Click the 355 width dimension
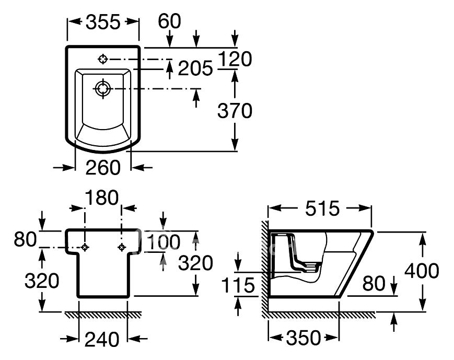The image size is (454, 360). (103, 22)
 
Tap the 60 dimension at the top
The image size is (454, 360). (170, 21)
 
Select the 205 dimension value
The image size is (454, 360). (195, 68)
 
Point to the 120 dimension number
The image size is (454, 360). (235, 59)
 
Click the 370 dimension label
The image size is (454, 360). (235, 111)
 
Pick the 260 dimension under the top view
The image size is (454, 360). (103, 167)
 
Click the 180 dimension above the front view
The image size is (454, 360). (101, 198)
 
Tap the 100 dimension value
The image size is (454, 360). (164, 242)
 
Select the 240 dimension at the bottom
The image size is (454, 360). (102, 339)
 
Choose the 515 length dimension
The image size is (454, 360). (322, 208)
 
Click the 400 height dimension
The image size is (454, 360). (422, 271)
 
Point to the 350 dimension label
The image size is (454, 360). (304, 338)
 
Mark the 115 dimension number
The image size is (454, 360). (238, 285)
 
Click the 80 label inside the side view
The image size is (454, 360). (374, 284)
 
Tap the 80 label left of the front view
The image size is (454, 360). (25, 239)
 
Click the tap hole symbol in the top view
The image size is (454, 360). (103, 59)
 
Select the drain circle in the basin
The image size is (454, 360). (103, 88)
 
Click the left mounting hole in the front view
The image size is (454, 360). (85, 247)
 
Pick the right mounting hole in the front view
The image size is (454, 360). (122, 247)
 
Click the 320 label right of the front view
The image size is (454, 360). (195, 263)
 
